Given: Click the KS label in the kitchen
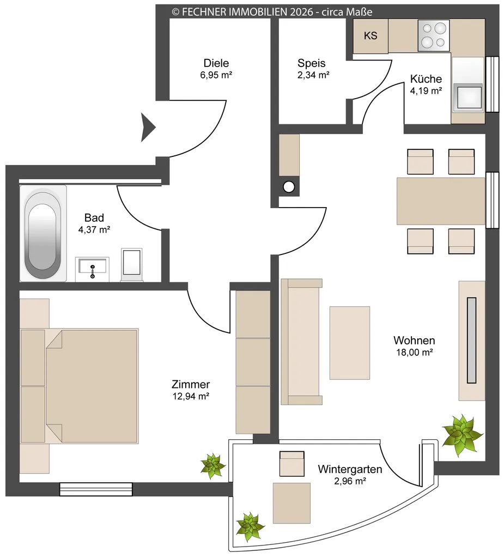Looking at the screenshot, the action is [371, 35].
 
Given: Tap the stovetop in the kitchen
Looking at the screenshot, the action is [434, 35].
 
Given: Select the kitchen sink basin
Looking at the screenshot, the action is [470, 96].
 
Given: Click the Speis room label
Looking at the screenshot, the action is [312, 63].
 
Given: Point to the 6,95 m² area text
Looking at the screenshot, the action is [216, 75].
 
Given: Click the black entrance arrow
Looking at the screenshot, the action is [148, 127].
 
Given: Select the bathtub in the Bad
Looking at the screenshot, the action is [42, 233].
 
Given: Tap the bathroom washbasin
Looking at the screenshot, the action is [92, 269].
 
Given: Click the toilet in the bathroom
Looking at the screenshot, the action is [132, 265].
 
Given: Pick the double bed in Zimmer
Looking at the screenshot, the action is [79, 386].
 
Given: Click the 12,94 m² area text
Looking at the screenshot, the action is [191, 396].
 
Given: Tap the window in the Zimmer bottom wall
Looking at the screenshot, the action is [96, 489].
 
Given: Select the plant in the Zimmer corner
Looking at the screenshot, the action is [213, 465].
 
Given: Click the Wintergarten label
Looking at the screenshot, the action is [350, 469].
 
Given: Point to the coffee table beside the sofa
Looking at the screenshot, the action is [349, 343].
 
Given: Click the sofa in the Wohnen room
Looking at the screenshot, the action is [301, 342].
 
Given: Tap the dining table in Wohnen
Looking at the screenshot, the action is [441, 201].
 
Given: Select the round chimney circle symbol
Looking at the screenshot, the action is [289, 187].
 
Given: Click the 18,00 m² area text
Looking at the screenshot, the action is [414, 353].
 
